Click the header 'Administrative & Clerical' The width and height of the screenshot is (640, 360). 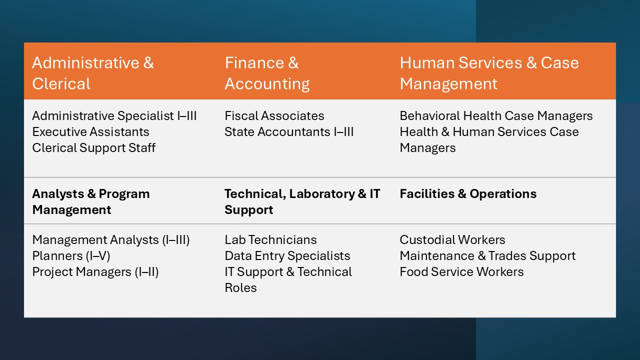point(93,73)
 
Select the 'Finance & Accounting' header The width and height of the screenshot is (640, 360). point(267,73)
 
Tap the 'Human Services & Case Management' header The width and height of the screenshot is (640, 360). point(489,73)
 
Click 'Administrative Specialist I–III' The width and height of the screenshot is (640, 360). point(114,115)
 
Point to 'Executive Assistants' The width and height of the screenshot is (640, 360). point(90,131)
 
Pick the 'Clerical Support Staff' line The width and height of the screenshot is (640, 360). point(93,147)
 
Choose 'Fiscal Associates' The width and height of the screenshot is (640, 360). point(274,115)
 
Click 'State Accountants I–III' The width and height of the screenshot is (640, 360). point(289,131)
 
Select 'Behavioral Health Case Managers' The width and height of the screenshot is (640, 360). point(496,115)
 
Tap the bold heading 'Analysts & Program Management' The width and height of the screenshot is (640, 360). point(91,201)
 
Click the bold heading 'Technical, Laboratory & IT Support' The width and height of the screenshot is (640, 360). point(302,201)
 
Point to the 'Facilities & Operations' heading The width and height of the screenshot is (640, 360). point(468,193)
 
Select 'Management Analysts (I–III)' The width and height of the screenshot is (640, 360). point(111,239)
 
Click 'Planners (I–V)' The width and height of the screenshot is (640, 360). point(71,255)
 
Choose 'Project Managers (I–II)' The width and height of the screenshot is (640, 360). point(95,271)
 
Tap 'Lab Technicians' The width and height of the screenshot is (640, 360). point(270,239)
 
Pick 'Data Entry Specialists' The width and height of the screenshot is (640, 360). point(287,255)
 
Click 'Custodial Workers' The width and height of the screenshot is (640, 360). point(452,239)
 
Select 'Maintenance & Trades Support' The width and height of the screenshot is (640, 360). point(487,255)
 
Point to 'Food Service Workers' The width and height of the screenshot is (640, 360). point(461,271)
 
